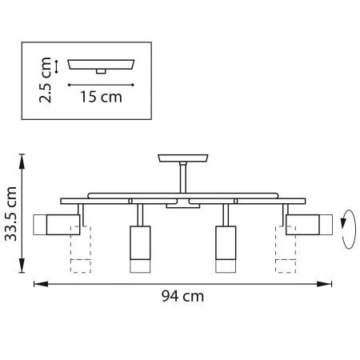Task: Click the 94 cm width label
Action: coord(182,296)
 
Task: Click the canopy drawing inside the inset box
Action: coord(100,65)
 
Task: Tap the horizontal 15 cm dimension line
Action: coord(100,83)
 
